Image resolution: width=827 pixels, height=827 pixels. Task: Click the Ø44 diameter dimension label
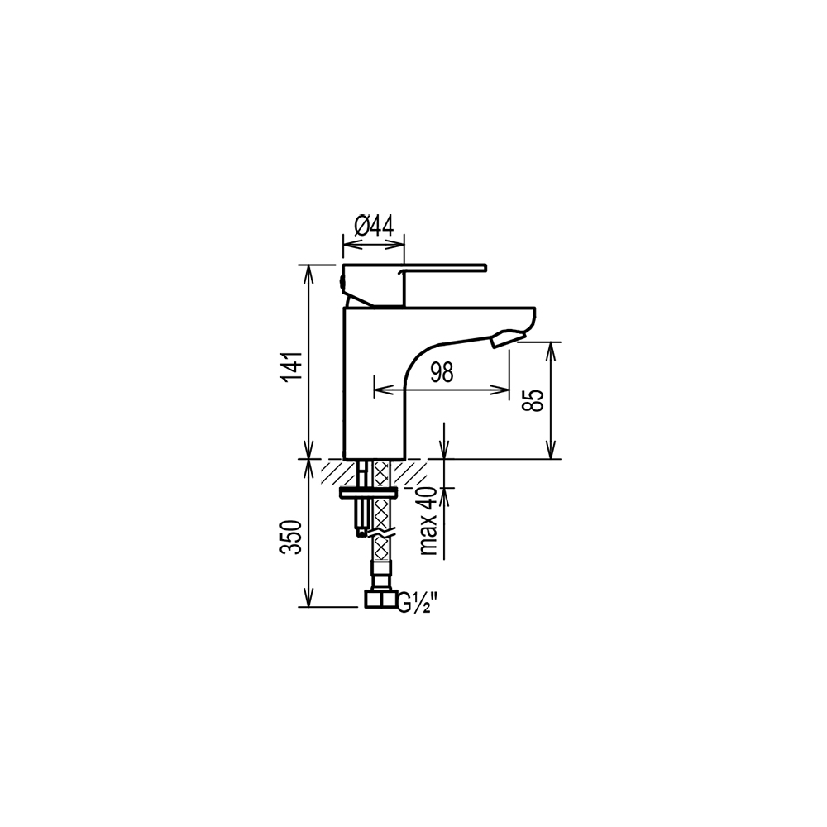[x=374, y=227]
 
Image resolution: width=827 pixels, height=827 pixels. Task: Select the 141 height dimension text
[x=292, y=366]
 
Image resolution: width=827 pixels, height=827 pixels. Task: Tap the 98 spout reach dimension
[x=442, y=373]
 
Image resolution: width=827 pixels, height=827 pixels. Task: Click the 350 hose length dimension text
[x=292, y=537]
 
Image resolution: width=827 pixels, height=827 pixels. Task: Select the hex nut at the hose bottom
[x=380, y=600]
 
